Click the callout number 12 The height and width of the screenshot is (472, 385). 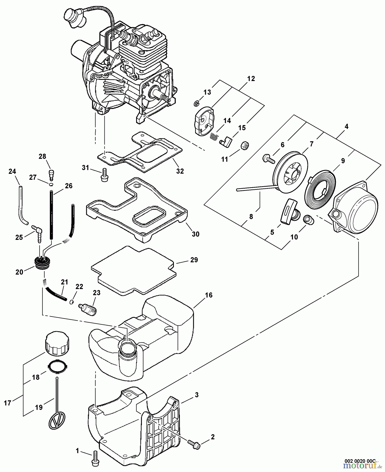(251, 79)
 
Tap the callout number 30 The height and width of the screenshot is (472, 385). (196, 234)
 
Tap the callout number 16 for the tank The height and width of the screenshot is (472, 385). (208, 295)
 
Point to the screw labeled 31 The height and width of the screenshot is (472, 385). (104, 174)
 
